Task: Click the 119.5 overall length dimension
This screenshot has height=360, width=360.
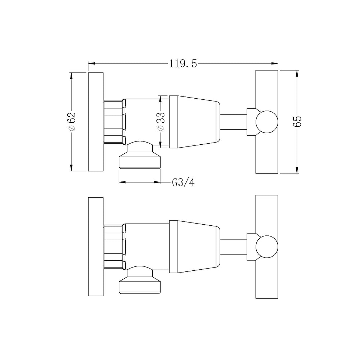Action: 183,64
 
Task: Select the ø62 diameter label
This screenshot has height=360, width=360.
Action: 72,122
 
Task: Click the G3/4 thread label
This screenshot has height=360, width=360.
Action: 183,183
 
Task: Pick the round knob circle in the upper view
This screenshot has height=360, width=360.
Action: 267,122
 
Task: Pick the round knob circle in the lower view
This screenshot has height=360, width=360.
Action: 267,247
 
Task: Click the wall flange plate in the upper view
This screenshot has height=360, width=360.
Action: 96,122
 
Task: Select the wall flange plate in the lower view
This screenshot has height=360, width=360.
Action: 96,247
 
